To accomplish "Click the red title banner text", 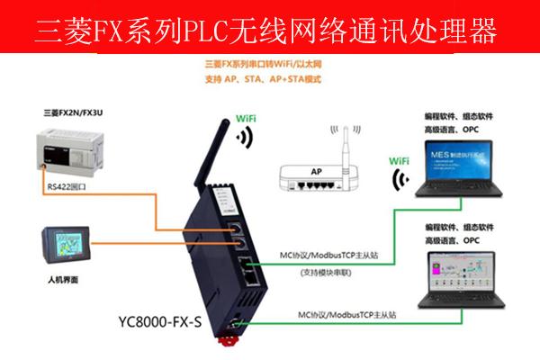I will [270, 31].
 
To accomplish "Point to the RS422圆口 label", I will [71, 186].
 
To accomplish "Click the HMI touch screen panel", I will [62, 243].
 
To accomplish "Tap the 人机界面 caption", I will [61, 281].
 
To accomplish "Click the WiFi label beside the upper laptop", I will [403, 160].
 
